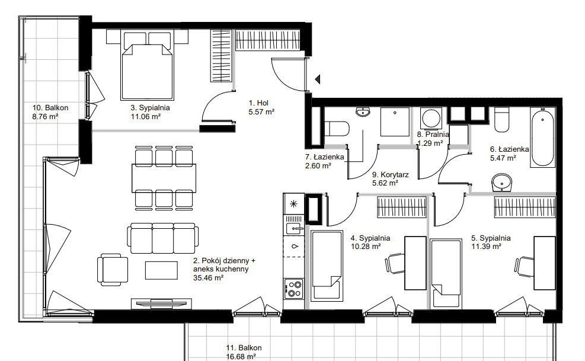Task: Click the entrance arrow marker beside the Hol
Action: click(318, 79)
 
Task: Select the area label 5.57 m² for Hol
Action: click(261, 111)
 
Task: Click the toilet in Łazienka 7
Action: click(337, 129)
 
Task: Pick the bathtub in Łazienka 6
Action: click(542, 138)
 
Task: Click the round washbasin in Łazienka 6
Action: click(501, 183)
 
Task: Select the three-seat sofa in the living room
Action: click(162, 238)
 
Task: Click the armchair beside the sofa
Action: click(112, 270)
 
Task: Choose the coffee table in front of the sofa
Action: click(161, 270)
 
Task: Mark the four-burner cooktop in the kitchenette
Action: click(293, 289)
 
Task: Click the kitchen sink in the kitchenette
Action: click(295, 228)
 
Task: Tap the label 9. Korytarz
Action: click(390, 174)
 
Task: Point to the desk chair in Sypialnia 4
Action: click(395, 264)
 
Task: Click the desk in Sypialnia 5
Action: click(544, 263)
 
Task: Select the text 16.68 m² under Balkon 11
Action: click(241, 356)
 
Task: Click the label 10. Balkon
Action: click(50, 107)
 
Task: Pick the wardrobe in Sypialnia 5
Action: click(525, 207)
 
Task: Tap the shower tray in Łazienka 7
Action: click(395, 122)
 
